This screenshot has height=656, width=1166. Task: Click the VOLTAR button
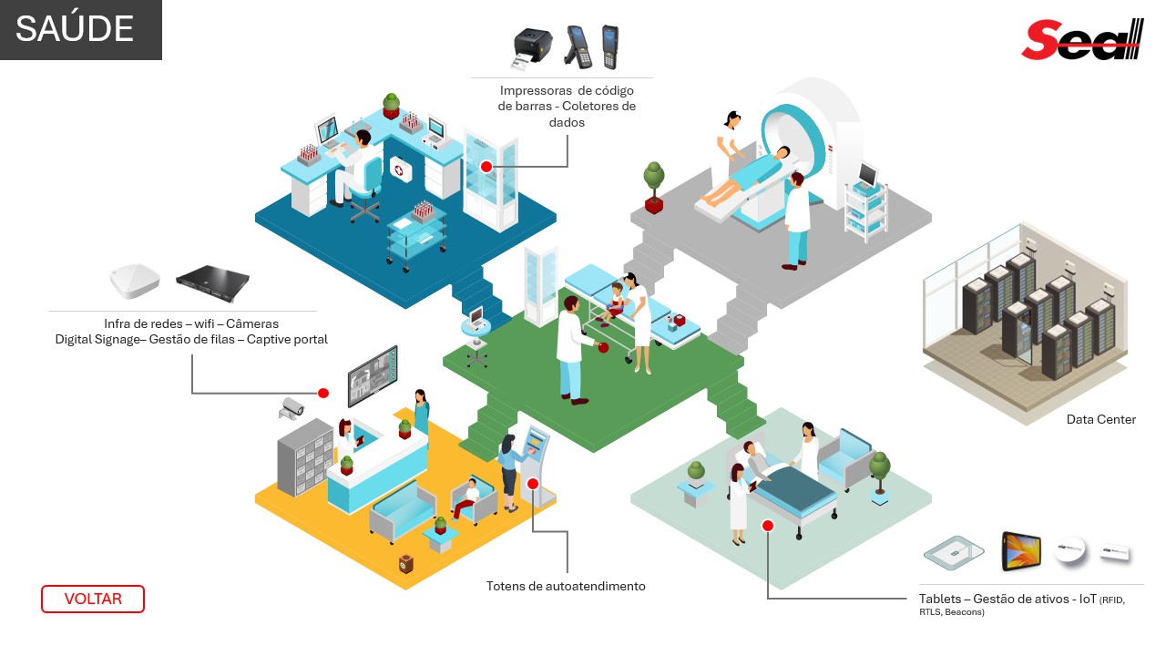coord(93,599)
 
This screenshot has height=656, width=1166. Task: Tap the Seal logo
coord(1081,40)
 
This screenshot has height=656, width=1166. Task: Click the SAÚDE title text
coord(75,29)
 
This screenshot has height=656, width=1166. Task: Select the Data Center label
coord(1101,420)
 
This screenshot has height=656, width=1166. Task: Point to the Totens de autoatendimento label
coord(566,586)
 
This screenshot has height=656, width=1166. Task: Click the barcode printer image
coord(533,48)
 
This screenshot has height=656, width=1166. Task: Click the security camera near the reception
coord(291,407)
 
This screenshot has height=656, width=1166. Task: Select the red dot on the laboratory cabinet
coord(486,167)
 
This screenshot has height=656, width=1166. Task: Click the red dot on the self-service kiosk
coord(532,485)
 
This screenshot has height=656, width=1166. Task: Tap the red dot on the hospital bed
coord(768,526)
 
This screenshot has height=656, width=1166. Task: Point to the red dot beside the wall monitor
coord(322,393)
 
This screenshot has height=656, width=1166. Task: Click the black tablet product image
coord(1021,551)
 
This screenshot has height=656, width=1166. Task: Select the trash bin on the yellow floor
coord(406,565)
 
